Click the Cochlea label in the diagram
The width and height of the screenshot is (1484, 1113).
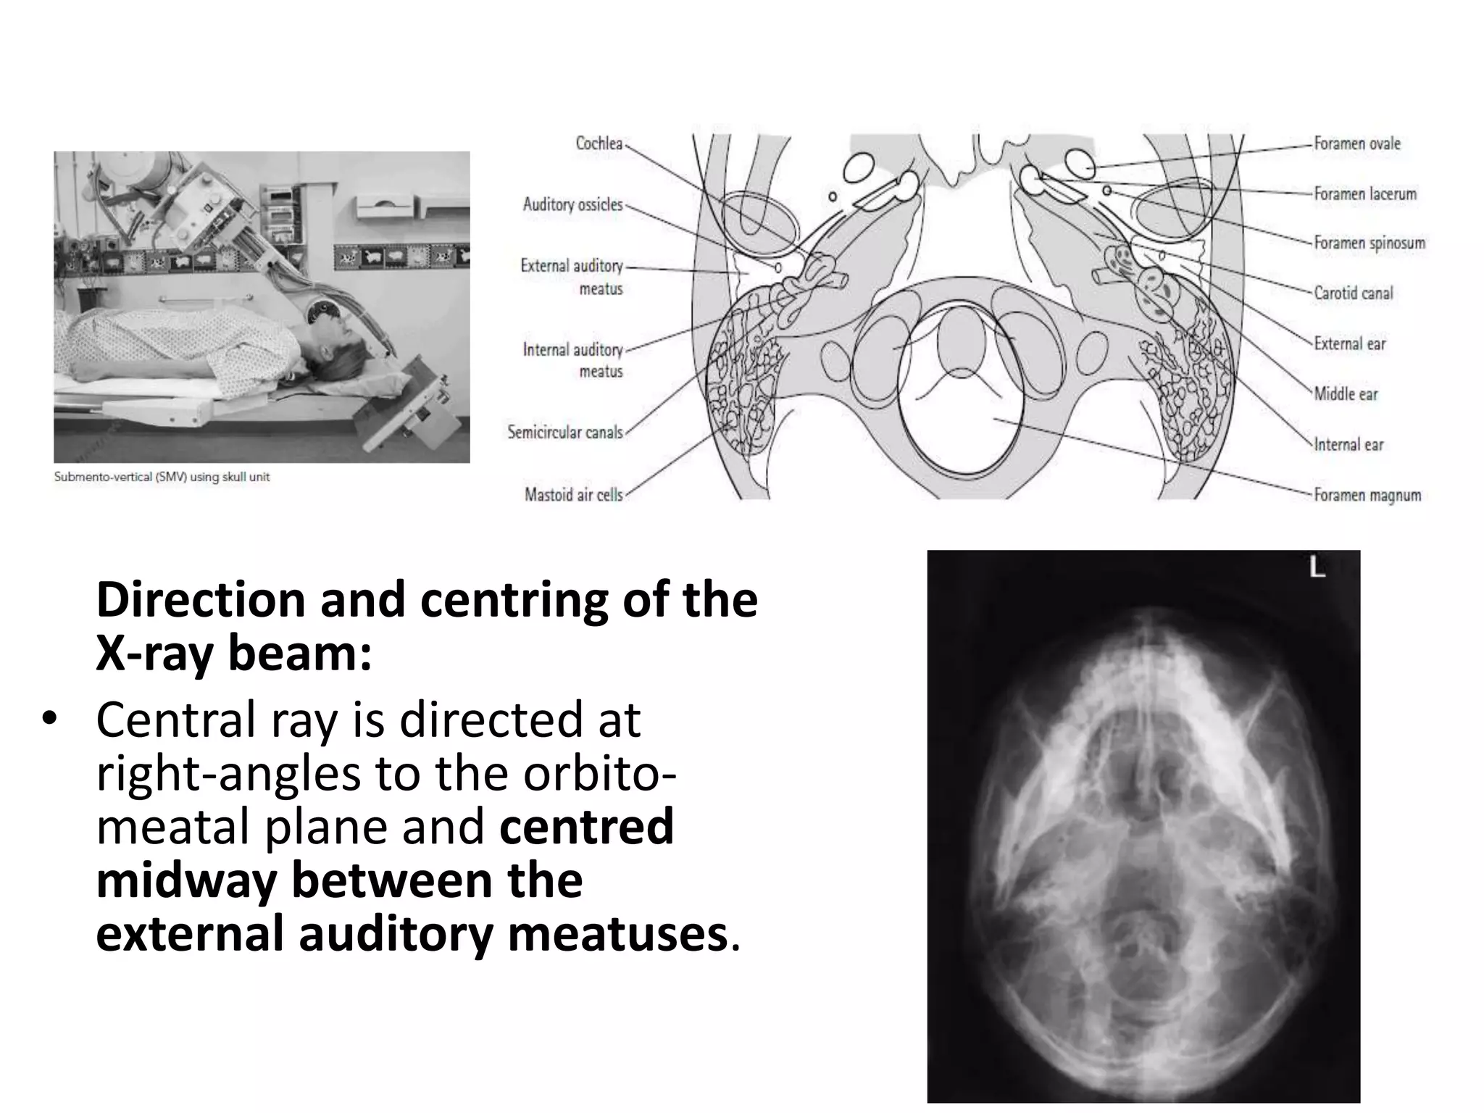click(599, 143)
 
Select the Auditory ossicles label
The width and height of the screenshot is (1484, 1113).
click(572, 205)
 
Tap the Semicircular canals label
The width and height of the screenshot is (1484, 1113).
click(564, 433)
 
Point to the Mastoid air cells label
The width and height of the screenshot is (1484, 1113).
click(573, 495)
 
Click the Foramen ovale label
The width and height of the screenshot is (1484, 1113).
click(1357, 143)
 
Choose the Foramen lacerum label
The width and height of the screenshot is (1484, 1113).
click(1364, 193)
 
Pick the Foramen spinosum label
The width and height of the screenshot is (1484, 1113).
click(1370, 243)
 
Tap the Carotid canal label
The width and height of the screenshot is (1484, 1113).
click(1353, 293)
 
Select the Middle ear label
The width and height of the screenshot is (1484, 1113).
click(1346, 394)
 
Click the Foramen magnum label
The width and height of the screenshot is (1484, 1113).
click(1367, 496)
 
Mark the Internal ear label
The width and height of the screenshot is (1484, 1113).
click(1348, 444)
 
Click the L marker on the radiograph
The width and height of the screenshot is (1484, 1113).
click(1317, 569)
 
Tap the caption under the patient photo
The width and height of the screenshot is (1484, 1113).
click(162, 477)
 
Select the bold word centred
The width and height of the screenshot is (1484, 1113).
click(586, 827)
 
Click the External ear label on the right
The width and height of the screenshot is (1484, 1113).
click(1349, 343)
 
